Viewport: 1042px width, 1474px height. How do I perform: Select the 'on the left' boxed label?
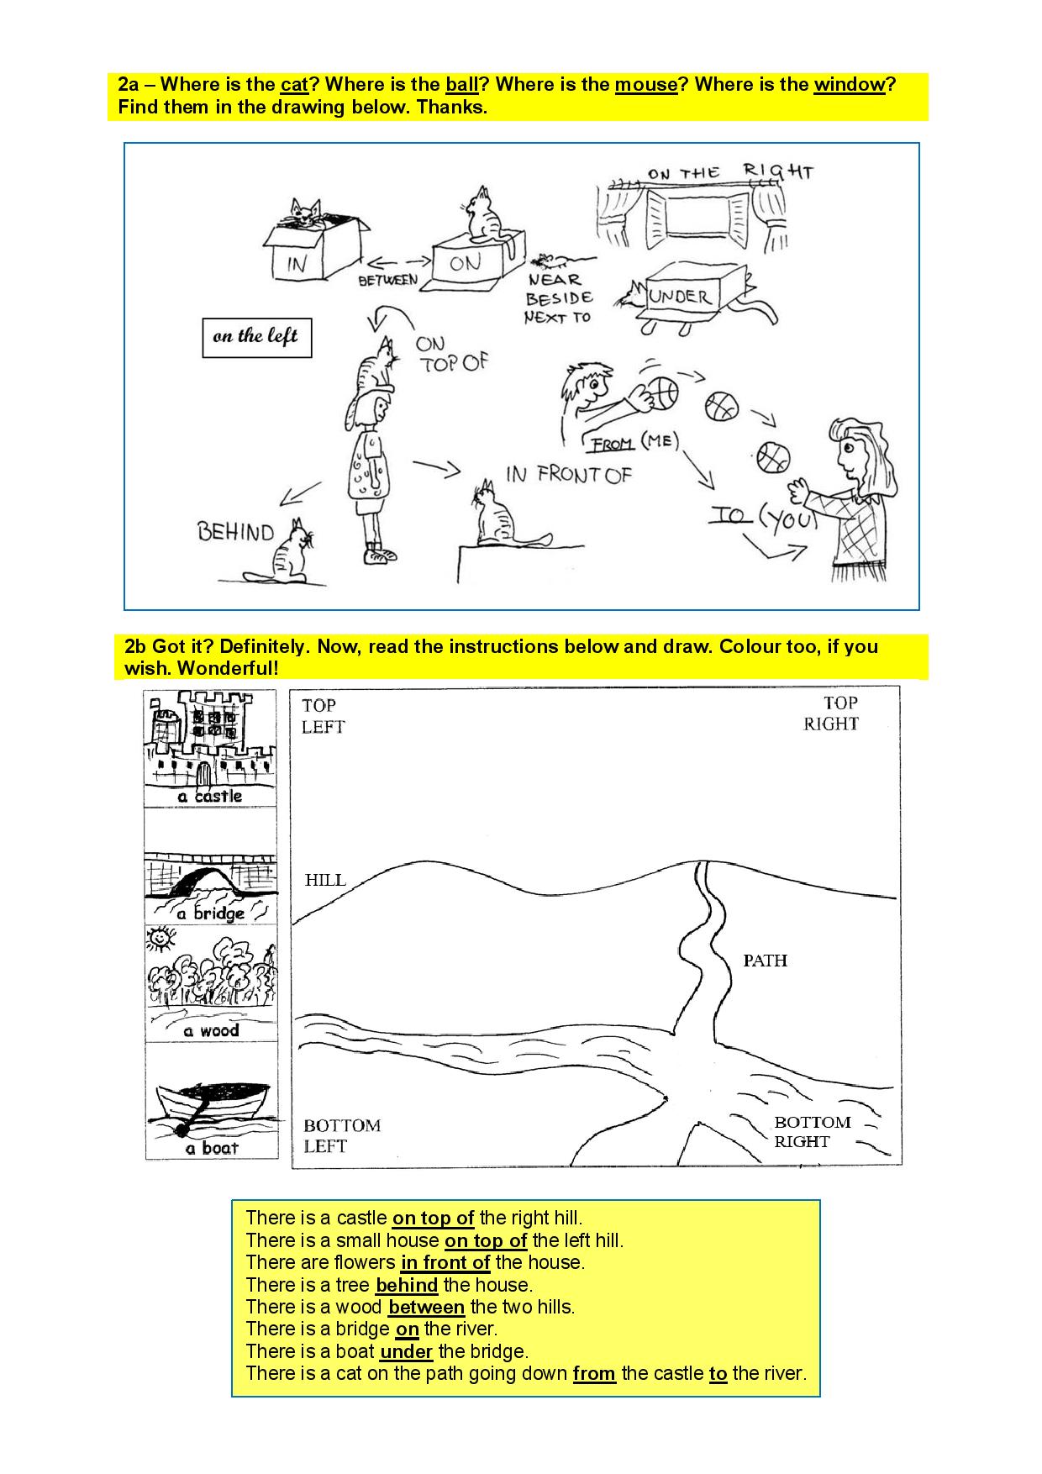point(257,338)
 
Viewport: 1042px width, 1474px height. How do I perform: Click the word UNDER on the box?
point(681,296)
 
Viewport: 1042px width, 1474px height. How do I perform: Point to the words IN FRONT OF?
point(568,475)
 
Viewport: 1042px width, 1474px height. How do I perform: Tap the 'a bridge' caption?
point(210,913)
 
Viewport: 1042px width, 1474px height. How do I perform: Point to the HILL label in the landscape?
point(325,880)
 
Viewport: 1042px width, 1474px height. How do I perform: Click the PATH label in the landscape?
point(765,960)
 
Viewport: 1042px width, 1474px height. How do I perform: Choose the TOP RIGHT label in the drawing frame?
point(832,713)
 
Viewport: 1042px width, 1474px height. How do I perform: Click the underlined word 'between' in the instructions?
point(426,1307)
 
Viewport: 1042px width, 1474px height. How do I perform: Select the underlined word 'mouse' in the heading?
point(646,85)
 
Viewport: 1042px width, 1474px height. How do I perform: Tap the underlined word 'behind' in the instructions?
point(407,1285)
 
